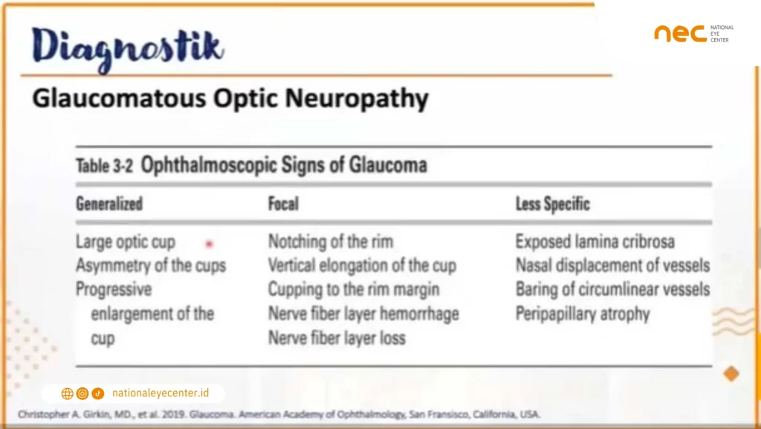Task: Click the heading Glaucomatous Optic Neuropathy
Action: (x=230, y=99)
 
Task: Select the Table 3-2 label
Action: (x=104, y=166)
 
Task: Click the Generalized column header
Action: (x=109, y=203)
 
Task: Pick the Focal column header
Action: (x=284, y=203)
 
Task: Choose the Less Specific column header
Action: (x=552, y=203)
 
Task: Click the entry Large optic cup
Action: (x=125, y=242)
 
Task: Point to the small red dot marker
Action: (x=210, y=243)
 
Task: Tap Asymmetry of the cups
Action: (x=150, y=265)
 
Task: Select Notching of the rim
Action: (x=330, y=242)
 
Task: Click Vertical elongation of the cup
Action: (x=362, y=265)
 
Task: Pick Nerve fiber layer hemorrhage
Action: (x=363, y=314)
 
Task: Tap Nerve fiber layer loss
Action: (x=337, y=338)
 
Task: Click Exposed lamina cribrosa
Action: (x=595, y=242)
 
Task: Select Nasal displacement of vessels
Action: (x=612, y=265)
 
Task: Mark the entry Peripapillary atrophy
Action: (x=583, y=314)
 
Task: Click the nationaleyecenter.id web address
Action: (x=160, y=393)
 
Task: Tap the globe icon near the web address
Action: (x=67, y=393)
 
